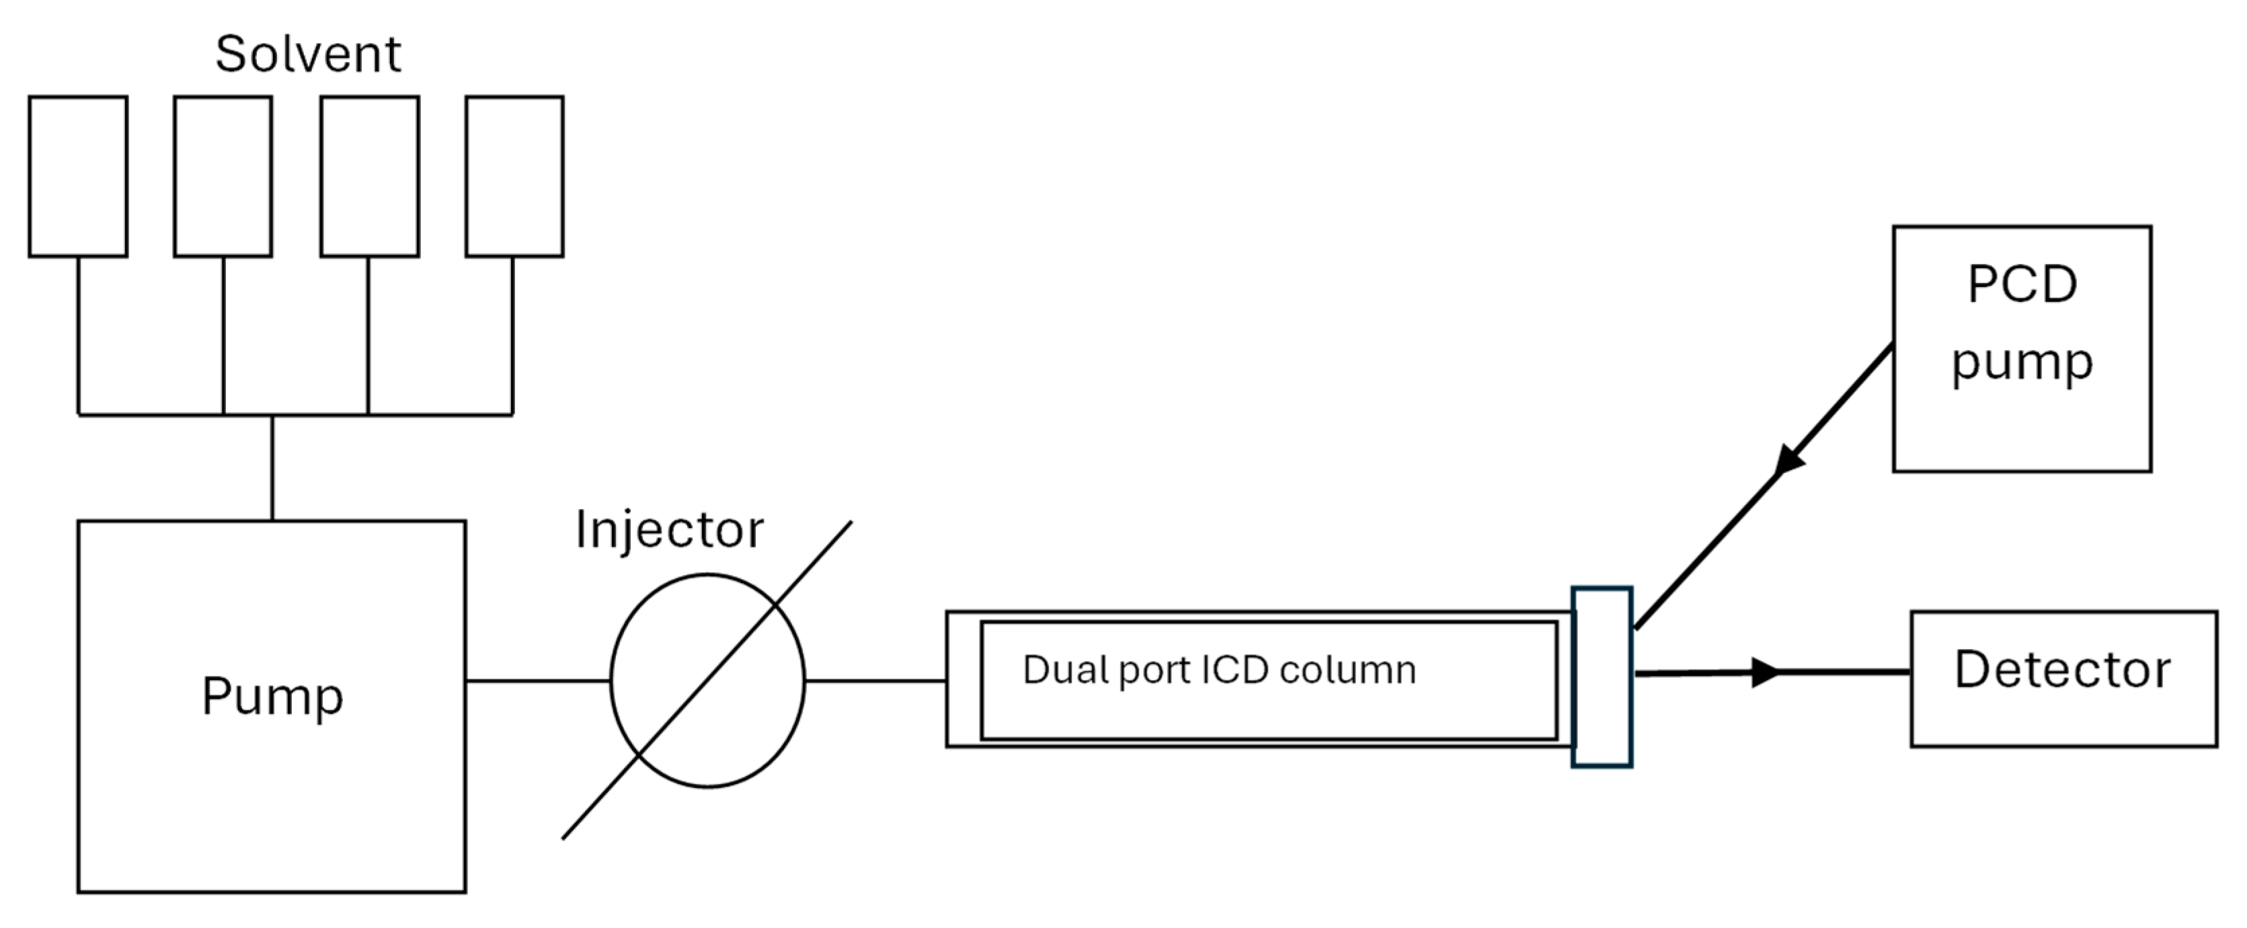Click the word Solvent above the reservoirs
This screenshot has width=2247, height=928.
click(308, 54)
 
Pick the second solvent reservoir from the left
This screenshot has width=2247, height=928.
click(223, 176)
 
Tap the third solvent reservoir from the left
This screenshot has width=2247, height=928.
click(370, 176)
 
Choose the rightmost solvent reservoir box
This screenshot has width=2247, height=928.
click(514, 176)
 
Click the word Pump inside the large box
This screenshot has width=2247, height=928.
click(272, 697)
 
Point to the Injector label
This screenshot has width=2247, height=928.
click(669, 529)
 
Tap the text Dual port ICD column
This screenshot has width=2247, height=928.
click(1218, 670)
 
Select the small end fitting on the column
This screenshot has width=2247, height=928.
click(1602, 676)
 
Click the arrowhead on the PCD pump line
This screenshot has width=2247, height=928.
click(1788, 460)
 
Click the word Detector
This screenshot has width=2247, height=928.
click(2062, 670)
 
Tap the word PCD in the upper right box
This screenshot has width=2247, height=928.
click(2022, 284)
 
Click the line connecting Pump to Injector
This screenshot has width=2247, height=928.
click(537, 681)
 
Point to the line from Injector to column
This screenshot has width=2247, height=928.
click(875, 681)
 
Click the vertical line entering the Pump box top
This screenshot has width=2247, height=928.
click(272, 467)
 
